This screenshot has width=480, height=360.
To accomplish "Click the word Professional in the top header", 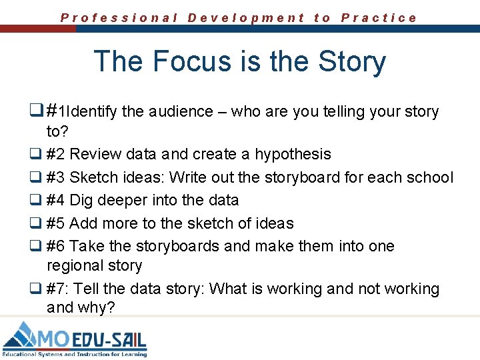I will click(x=119, y=18).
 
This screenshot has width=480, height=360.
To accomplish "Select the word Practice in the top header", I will click(x=379, y=18).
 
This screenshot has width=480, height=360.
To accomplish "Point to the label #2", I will click(x=56, y=154).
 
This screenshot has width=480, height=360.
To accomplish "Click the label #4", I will click(x=56, y=200).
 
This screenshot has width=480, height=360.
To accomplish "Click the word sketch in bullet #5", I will click(x=192, y=223).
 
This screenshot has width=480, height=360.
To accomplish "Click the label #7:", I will click(x=58, y=289).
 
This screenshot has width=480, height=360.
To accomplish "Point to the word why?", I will click(x=99, y=308).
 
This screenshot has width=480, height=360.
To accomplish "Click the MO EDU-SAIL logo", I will click(x=75, y=339).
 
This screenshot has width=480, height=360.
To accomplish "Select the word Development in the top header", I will click(x=246, y=18).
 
